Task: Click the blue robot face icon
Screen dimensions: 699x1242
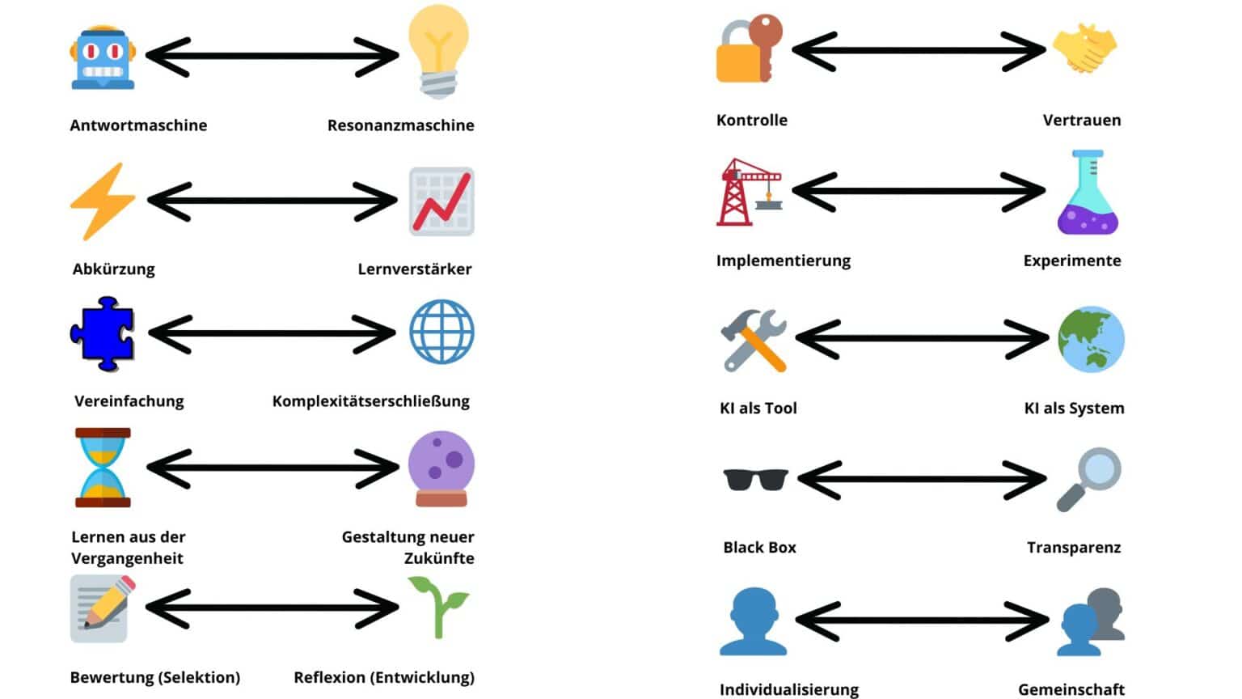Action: (x=102, y=58)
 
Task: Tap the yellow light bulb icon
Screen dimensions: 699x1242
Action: (x=437, y=50)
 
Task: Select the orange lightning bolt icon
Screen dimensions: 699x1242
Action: (x=102, y=201)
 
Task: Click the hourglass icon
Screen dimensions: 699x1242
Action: (x=103, y=468)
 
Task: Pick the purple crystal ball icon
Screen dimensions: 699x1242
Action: (x=441, y=468)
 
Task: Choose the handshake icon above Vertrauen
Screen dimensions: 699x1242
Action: (x=1084, y=49)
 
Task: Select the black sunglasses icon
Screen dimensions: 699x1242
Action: (x=755, y=479)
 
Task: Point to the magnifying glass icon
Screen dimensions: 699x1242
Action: (x=1088, y=478)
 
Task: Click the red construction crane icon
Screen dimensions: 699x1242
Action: (x=748, y=193)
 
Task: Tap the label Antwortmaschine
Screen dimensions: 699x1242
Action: (x=138, y=125)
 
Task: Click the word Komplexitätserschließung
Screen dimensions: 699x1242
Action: (x=370, y=401)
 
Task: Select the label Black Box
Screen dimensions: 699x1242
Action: (x=759, y=548)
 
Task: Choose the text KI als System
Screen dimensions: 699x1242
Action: (x=1074, y=409)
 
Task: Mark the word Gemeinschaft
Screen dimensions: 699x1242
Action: (x=1071, y=689)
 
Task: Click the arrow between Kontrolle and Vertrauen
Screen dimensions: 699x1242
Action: (x=919, y=51)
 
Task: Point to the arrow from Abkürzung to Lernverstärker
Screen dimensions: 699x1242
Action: (x=272, y=201)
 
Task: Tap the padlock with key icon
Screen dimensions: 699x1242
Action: (x=748, y=49)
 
